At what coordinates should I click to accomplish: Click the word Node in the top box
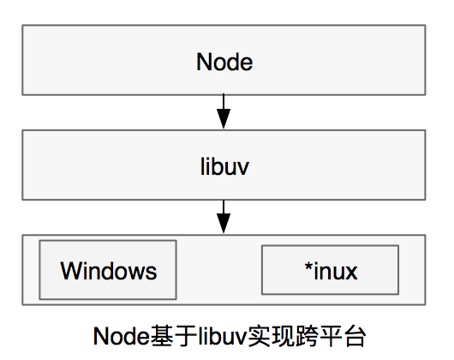(224, 62)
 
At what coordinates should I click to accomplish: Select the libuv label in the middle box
(224, 166)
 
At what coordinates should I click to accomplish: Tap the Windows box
(108, 270)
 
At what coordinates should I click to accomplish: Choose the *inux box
(330, 270)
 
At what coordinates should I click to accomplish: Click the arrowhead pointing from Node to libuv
(224, 118)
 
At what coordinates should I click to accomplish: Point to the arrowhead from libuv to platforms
(224, 223)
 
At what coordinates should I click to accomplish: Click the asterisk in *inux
(308, 266)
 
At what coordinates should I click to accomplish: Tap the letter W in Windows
(70, 270)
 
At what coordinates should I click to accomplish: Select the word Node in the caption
(122, 337)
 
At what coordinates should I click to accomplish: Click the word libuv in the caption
(223, 336)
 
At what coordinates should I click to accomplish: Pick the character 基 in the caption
(162, 336)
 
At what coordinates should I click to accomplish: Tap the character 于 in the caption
(186, 336)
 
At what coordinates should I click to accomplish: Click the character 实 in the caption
(259, 336)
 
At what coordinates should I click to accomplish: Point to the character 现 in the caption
(283, 336)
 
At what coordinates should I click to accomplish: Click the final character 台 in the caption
(355, 336)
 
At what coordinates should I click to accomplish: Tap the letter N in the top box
(204, 62)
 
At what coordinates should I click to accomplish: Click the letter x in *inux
(350, 273)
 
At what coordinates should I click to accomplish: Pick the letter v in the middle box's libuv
(242, 169)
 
